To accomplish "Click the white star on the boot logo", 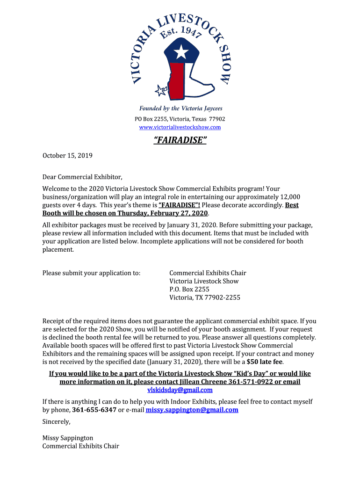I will pos(180,51).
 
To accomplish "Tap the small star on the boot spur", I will pos(161,90).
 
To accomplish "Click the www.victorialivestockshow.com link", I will pos(180,127).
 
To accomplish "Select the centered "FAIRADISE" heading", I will pos(180,140).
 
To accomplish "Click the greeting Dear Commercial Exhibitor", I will pos(82,177).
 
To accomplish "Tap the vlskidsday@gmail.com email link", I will pos(180,390).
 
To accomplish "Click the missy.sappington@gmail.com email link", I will pos(192,410).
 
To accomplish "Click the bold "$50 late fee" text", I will pos(265,362).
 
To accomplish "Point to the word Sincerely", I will pos(56,421).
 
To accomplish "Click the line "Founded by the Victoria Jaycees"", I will pos(180,109).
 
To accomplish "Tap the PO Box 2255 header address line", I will pos(180,119).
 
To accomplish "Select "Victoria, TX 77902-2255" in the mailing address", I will pos(205,298).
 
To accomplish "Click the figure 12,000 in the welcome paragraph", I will pos(290,197).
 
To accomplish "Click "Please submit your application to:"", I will pos(91,273).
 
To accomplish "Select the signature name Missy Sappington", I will pos(68,438).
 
